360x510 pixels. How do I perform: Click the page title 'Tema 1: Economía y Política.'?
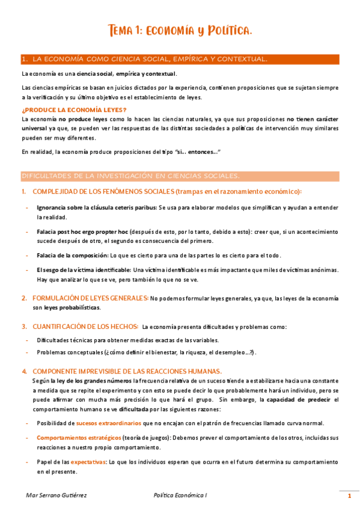click(x=180, y=31)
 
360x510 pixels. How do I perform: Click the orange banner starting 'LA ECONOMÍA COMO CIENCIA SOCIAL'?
click(x=144, y=59)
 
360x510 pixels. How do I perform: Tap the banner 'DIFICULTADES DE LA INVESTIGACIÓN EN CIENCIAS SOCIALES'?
click(x=130, y=176)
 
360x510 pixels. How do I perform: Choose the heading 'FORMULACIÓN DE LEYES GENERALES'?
click(x=90, y=298)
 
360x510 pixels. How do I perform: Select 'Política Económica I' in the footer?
click(x=180, y=496)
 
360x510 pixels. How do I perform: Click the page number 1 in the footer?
click(x=349, y=496)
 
